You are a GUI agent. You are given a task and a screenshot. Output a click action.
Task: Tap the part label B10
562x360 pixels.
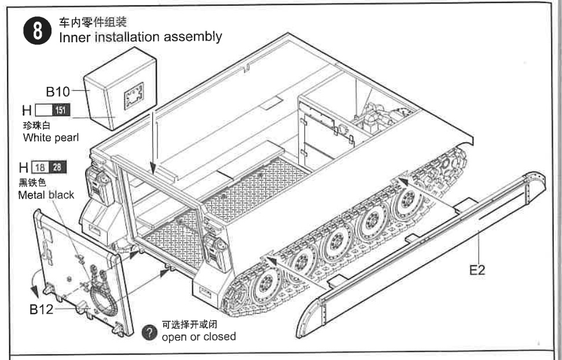pyautogui.click(x=58, y=91)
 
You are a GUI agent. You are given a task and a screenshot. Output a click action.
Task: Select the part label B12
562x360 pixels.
pyautogui.click(x=41, y=310)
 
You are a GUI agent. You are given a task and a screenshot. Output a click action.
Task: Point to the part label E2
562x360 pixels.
pyautogui.click(x=477, y=270)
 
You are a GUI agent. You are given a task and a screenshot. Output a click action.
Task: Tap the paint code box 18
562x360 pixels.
pyautogui.click(x=41, y=168)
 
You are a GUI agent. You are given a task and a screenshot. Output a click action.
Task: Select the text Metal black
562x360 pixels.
pyautogui.click(x=46, y=195)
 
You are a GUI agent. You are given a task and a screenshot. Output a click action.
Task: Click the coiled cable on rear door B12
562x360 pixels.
pyautogui.click(x=102, y=294)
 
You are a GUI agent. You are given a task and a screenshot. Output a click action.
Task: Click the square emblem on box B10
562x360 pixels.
pyautogui.click(x=134, y=95)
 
